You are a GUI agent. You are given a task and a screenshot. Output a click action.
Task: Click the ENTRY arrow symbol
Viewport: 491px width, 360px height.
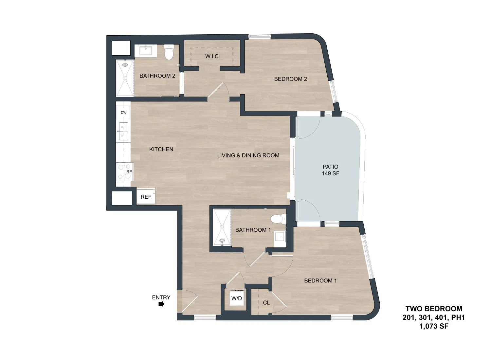click(161, 304)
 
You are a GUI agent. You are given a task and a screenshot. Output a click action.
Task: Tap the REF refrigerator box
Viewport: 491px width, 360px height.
click(146, 196)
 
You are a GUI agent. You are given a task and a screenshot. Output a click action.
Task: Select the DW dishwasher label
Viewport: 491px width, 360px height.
click(124, 112)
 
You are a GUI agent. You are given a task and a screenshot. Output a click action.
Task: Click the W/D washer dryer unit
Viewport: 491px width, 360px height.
click(237, 298)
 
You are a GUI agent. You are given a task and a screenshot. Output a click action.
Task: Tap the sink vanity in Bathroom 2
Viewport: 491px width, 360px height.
click(146, 51)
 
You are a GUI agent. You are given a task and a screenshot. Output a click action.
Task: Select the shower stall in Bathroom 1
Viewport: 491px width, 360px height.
click(222, 227)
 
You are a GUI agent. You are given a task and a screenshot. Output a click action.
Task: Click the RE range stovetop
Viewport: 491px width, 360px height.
click(125, 172)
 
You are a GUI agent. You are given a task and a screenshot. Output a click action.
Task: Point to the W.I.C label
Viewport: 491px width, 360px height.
click(212, 56)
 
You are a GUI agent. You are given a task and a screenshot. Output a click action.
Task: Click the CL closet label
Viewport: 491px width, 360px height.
click(266, 303)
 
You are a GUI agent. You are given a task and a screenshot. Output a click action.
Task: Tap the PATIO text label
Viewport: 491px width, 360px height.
click(331, 167)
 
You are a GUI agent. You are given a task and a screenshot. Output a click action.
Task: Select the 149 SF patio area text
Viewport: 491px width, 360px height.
click(331, 173)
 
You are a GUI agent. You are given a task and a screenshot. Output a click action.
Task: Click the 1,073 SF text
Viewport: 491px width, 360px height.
click(434, 326)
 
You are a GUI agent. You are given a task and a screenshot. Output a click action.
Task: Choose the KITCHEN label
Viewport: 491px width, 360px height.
click(161, 149)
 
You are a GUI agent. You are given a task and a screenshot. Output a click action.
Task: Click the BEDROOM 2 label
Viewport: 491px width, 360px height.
click(291, 79)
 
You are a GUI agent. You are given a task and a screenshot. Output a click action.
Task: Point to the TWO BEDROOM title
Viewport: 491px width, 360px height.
click(434, 309)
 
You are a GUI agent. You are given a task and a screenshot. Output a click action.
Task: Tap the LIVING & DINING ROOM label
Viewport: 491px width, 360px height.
click(248, 155)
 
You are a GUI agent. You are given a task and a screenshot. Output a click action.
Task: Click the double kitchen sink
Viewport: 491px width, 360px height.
click(123, 131)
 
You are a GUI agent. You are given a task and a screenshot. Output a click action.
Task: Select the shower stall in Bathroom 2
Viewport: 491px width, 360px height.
click(125, 78)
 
